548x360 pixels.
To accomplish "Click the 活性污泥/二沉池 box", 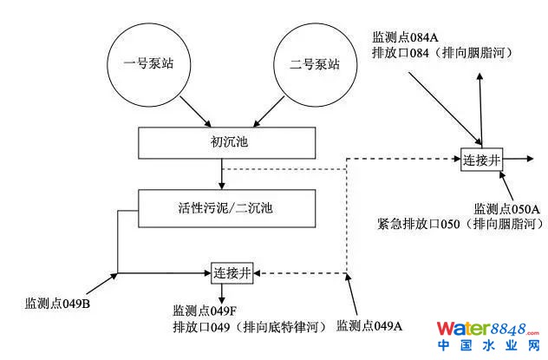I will click(x=222, y=208).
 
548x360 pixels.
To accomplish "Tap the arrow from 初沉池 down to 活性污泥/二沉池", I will click(x=222, y=175).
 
